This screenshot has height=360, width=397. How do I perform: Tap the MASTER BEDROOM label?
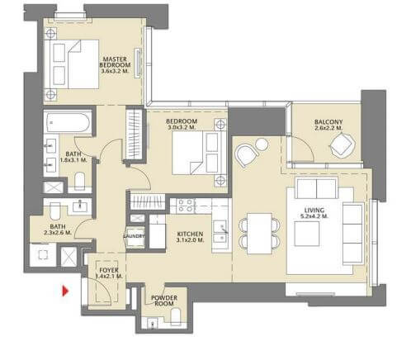(x=113, y=65)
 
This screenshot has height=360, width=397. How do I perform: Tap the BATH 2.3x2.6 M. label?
(x=59, y=230)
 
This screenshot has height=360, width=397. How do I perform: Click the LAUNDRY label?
(x=134, y=235)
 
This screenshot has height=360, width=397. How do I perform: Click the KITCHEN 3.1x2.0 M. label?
(x=191, y=238)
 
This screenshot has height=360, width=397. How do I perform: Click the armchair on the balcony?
(x=338, y=147)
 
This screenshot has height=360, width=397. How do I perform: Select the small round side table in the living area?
(x=262, y=145)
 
